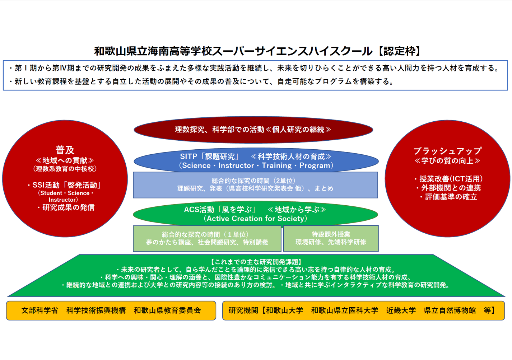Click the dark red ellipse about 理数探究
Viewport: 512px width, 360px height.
pyautogui.click(x=253, y=130)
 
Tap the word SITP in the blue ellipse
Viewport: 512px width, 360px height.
pyautogui.click(x=188, y=156)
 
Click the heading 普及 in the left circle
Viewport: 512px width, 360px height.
pyautogui.click(x=65, y=150)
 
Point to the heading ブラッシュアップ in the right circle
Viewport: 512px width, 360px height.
pyautogui.click(x=447, y=151)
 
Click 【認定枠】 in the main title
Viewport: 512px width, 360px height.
pyautogui.click(x=398, y=51)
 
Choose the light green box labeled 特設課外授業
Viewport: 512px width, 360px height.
pyautogui.click(x=331, y=238)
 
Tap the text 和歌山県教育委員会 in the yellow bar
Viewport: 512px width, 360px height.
pyautogui.click(x=167, y=310)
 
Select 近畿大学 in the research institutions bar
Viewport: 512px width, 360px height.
pyautogui.click(x=401, y=310)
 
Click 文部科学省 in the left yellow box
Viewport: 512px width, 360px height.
pyautogui.click(x=40, y=310)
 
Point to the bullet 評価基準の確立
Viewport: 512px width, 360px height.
pyautogui.click(x=449, y=197)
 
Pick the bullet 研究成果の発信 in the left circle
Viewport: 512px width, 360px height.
pyautogui.click(x=66, y=207)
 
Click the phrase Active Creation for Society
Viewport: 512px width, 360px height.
pyautogui.click(x=255, y=219)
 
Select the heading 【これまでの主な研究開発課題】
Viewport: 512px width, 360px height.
pyautogui.click(x=256, y=262)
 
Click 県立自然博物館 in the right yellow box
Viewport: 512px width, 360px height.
pyautogui.click(x=450, y=310)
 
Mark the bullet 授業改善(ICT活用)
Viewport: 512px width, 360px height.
pyautogui.click(x=448, y=179)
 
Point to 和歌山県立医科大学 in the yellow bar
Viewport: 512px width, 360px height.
pyautogui.click(x=344, y=310)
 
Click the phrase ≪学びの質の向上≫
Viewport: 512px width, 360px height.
pyautogui.click(x=447, y=161)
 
